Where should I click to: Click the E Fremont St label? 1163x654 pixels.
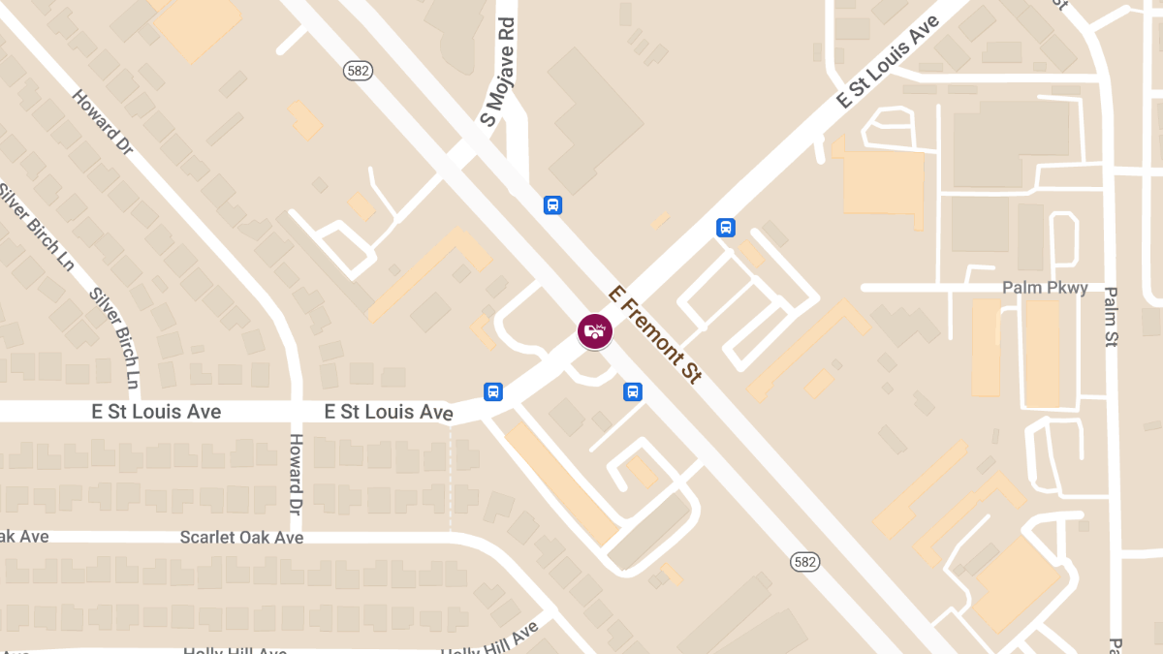click(x=653, y=335)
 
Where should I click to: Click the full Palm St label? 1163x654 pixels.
click(x=1111, y=316)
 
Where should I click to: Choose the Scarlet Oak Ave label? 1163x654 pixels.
click(x=242, y=537)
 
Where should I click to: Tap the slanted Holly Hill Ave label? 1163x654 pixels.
click(x=489, y=639)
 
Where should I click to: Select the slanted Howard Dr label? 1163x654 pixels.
click(x=102, y=124)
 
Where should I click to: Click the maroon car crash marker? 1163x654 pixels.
click(x=595, y=331)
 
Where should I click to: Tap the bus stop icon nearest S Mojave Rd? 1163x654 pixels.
click(x=552, y=204)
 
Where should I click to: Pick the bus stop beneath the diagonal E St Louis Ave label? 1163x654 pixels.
click(x=725, y=228)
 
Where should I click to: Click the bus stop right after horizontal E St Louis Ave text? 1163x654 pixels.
click(x=493, y=391)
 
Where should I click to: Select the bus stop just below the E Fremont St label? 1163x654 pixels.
click(x=632, y=391)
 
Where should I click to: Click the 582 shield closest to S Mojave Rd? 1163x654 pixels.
click(x=358, y=71)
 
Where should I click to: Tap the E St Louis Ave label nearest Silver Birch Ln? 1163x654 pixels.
click(x=156, y=412)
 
